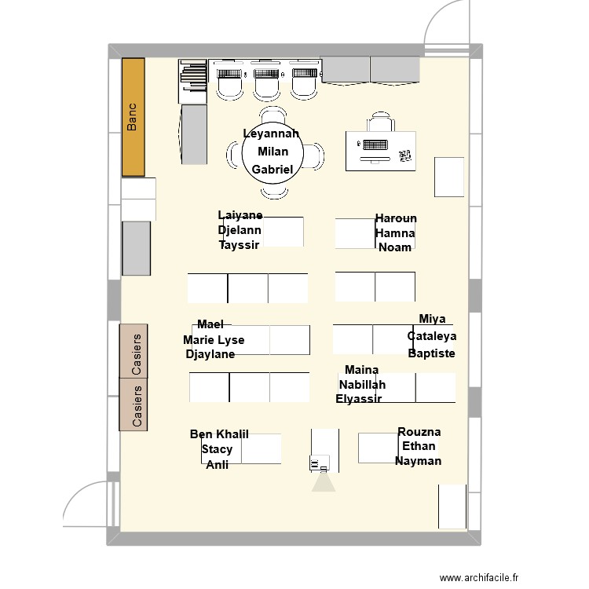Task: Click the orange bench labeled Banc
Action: [x=133, y=117]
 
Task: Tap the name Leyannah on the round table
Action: [x=271, y=134]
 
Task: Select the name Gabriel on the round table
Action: [x=272, y=170]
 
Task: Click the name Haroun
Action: [x=396, y=218]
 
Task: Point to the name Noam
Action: [x=395, y=247]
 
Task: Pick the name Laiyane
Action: [x=240, y=215]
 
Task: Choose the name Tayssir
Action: [x=240, y=245]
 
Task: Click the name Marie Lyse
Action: [x=214, y=340]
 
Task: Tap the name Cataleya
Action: [x=432, y=336]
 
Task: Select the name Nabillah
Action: [x=362, y=385]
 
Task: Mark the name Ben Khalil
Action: [x=219, y=434]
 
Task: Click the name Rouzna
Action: [x=419, y=432]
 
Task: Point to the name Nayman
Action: [x=418, y=461]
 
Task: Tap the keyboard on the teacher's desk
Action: [x=373, y=145]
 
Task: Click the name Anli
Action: [x=218, y=464]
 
